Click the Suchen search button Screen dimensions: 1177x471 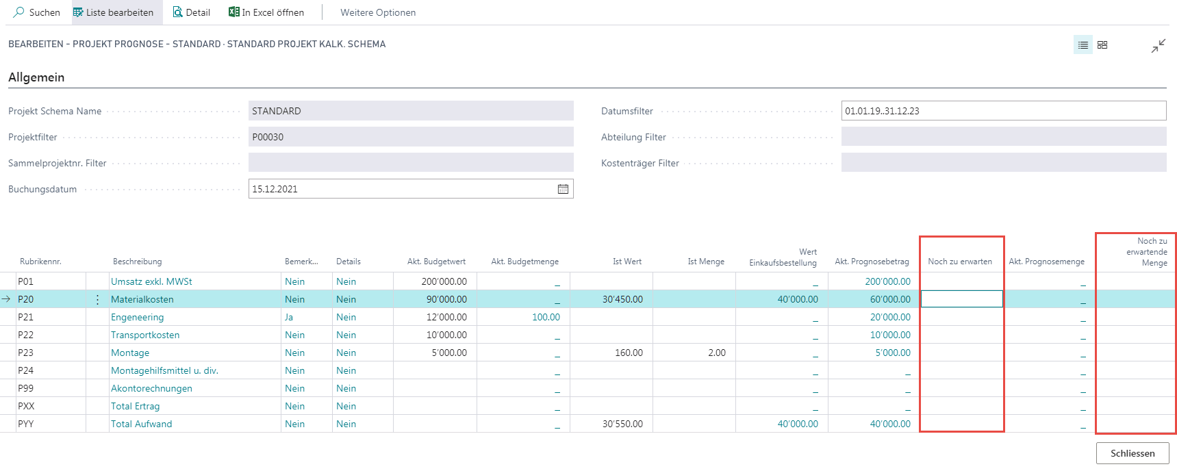point(37,12)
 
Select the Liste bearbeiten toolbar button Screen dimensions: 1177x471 point(113,12)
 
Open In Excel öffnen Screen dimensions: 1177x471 point(266,12)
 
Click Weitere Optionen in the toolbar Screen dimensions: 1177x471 point(378,12)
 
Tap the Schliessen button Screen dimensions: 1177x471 point(1132,453)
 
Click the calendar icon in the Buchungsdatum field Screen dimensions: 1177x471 point(563,189)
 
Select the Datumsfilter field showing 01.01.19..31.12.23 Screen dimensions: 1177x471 point(1003,111)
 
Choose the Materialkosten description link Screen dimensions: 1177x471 point(142,299)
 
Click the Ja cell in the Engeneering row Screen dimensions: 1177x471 point(289,317)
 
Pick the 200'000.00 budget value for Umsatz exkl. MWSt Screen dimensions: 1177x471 point(444,281)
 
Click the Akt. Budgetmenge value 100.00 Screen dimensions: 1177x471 point(546,317)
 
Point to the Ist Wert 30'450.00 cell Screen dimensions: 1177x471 point(622,299)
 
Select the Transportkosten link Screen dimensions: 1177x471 point(145,335)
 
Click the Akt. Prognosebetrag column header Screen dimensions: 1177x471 point(872,262)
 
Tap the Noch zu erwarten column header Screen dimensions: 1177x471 point(960,262)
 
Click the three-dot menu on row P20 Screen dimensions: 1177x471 point(97,299)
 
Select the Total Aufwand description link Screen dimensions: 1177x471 point(142,424)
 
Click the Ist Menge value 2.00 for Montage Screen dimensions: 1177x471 point(717,353)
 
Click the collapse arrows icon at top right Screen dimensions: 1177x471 point(1158,46)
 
